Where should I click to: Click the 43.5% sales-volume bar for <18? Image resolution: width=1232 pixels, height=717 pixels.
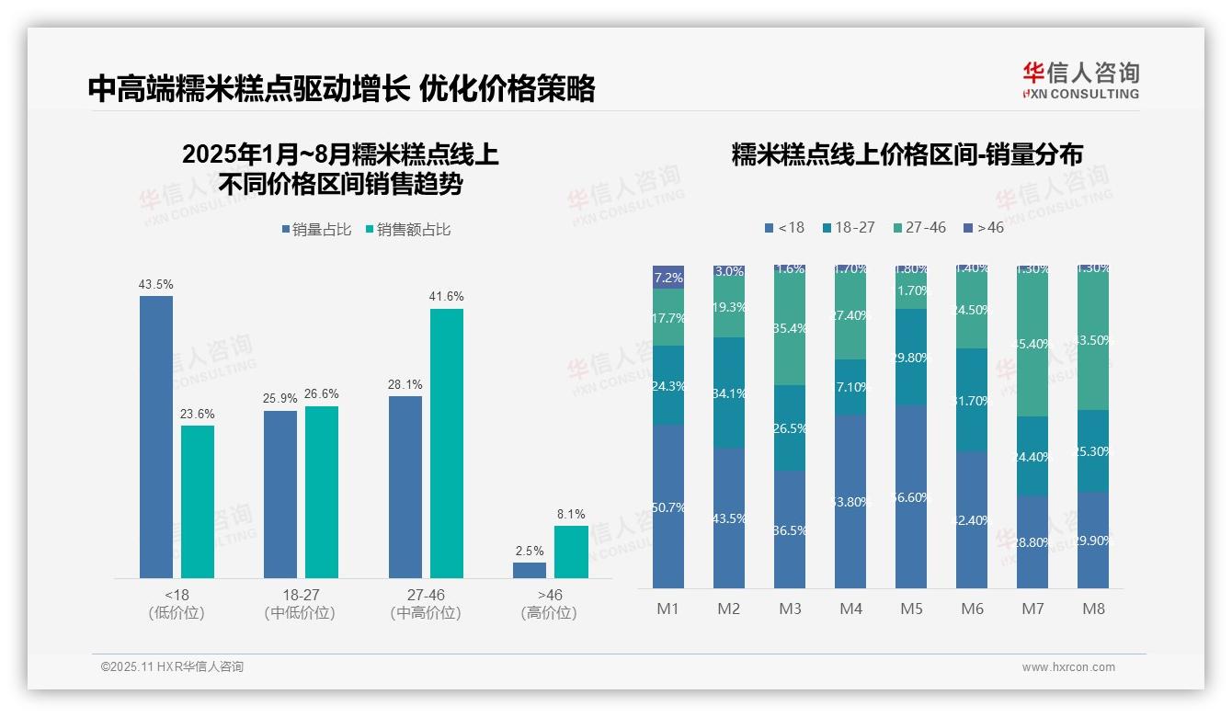coord(156,437)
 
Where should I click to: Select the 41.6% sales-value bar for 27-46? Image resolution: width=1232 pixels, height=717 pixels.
coord(447,443)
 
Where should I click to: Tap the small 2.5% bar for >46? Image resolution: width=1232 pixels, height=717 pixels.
coord(530,570)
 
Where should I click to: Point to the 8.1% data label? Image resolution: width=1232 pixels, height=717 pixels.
coord(570,514)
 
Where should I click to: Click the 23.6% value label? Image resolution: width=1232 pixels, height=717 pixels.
coord(198,414)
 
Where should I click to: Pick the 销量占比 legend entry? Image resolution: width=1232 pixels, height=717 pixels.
coord(316,230)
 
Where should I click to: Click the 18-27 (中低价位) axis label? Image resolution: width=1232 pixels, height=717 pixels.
coord(301,604)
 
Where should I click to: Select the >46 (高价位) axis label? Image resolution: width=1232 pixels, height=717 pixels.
coord(549,604)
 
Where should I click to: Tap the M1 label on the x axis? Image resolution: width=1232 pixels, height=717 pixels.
coord(667,609)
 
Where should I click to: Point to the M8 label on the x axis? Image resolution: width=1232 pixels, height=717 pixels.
coord(1093,609)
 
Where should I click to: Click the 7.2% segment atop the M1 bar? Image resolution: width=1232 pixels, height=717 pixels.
coord(668,278)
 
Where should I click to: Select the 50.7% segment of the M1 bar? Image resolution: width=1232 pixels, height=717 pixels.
coord(668,506)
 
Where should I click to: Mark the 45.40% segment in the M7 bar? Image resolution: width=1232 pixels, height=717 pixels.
coord(1032,345)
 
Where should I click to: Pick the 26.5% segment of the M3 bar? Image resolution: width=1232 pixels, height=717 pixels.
coord(790,428)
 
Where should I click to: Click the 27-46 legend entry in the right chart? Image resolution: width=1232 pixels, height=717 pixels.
coord(919,227)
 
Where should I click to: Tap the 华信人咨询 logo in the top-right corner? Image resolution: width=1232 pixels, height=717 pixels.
coord(1080,80)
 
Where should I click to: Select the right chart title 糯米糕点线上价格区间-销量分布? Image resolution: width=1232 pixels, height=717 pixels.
coord(907,154)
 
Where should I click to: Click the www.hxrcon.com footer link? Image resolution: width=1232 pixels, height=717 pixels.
coord(1068,667)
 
